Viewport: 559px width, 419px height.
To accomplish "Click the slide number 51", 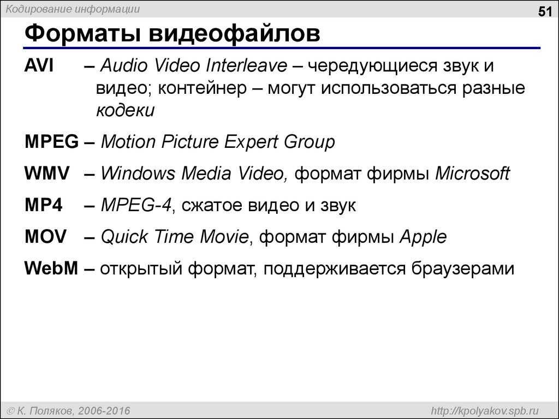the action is point(545,12).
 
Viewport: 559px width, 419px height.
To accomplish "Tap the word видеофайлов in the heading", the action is point(234,33).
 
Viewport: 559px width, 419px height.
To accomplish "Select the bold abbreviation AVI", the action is point(39,65).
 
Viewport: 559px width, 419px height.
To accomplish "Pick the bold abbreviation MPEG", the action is point(52,141).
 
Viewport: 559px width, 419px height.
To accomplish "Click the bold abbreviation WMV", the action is point(47,173).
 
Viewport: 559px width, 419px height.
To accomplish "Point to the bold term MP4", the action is point(44,205).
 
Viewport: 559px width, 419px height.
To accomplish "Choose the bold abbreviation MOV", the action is point(46,237).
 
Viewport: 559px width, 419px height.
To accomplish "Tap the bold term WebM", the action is point(51,268).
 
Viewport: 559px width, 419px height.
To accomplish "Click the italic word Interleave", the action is point(246,65).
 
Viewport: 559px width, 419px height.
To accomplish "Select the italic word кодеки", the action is point(126,111).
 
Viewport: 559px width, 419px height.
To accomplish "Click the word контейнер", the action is point(202,88).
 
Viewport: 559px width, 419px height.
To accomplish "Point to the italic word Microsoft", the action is point(473,173).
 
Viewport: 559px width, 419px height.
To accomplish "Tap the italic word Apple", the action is point(423,237).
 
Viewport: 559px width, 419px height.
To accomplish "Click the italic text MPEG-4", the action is point(136,205).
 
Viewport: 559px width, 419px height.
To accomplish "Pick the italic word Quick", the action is point(124,237).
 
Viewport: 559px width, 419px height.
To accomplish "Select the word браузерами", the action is point(463,268).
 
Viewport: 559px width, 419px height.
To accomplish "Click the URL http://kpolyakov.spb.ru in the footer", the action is point(485,411).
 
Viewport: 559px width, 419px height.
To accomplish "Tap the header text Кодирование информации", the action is point(73,9).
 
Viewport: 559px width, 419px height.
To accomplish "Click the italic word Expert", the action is point(251,142).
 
